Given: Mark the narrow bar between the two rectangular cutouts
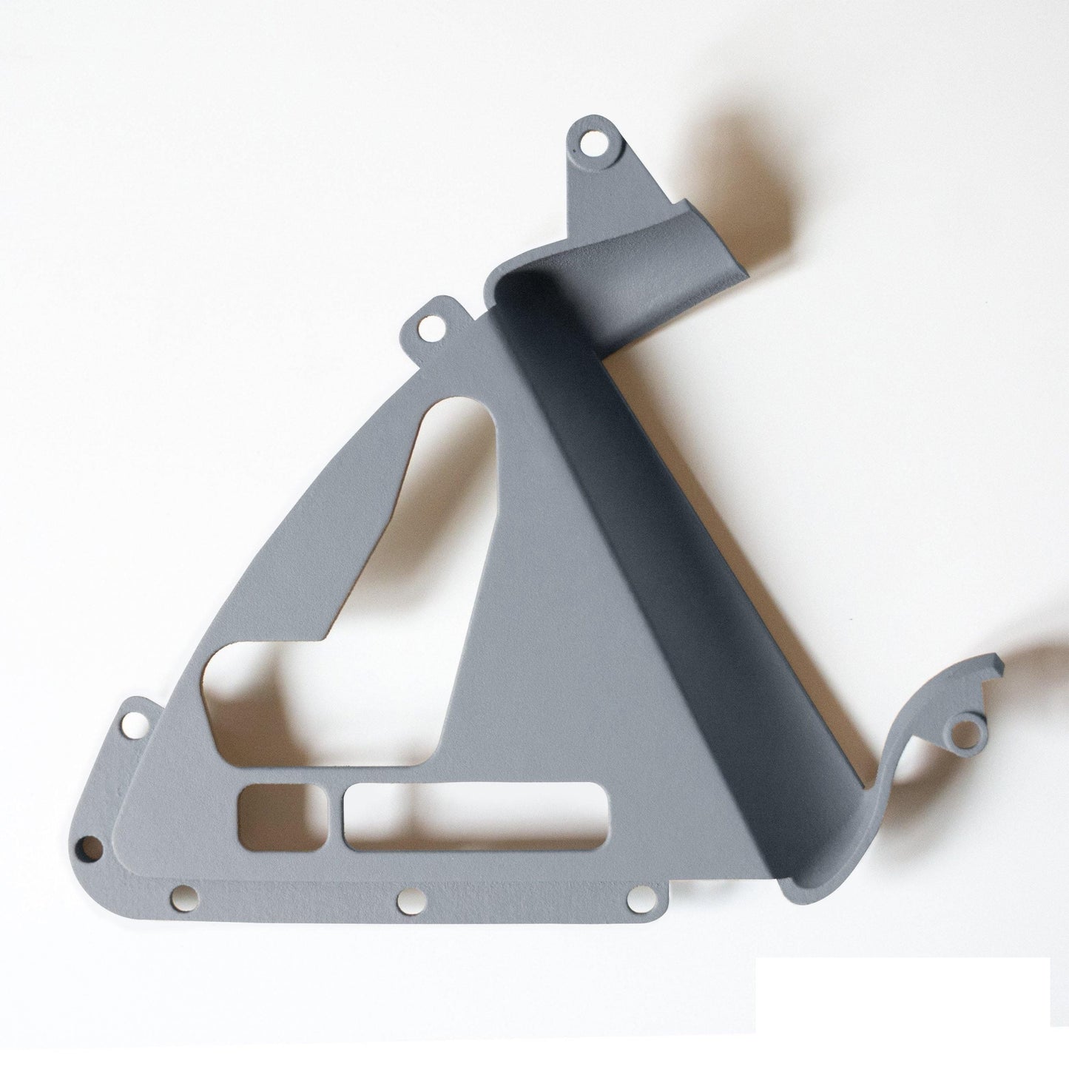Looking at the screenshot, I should (334, 817).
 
